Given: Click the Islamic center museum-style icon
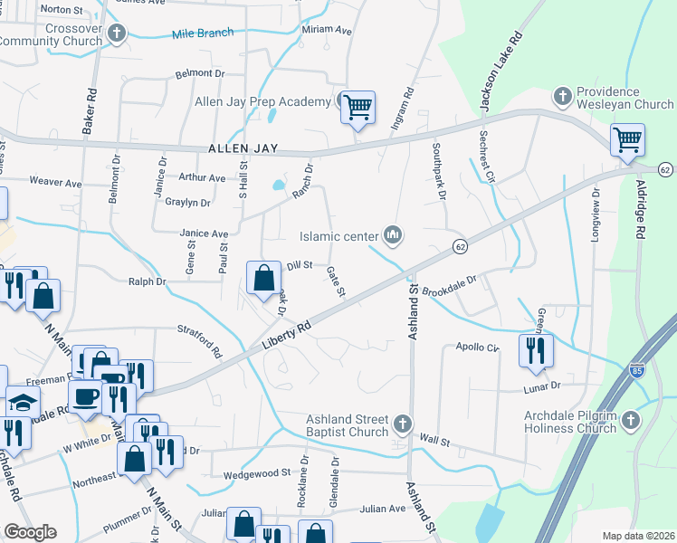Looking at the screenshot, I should tap(393, 236).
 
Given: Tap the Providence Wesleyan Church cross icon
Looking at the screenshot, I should tap(562, 95).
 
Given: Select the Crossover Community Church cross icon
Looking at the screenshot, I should tap(116, 34).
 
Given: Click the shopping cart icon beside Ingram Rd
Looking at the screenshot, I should tap(358, 108).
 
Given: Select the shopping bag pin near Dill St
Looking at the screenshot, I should tap(263, 279).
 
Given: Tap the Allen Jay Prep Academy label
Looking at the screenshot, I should tap(262, 101).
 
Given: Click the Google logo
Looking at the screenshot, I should tap(30, 532).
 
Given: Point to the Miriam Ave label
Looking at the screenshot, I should tap(326, 30).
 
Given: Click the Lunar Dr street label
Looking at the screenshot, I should tap(542, 386).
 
